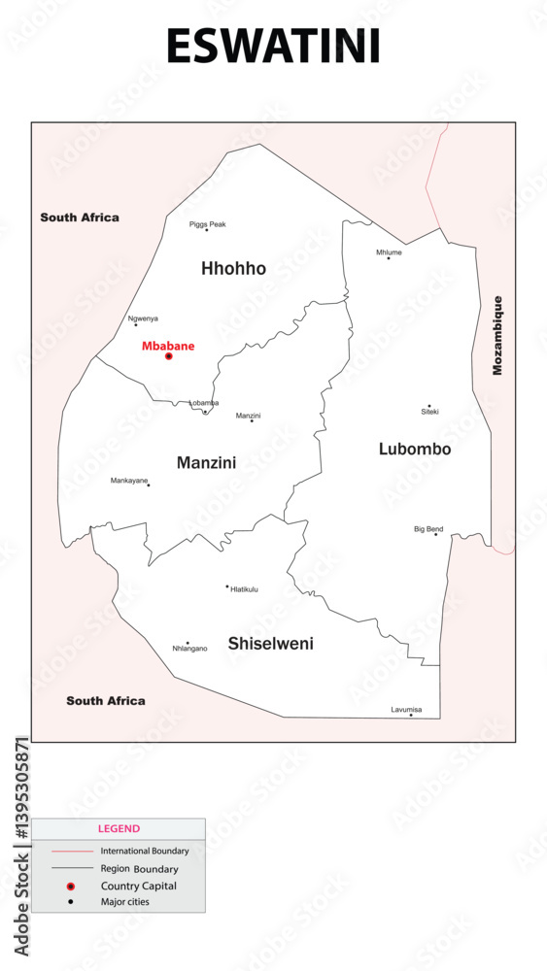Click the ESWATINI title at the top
(273, 47)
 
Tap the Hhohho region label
(233, 268)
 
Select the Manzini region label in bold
(206, 463)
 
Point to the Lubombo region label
(414, 449)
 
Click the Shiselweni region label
(270, 643)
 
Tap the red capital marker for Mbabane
(168, 356)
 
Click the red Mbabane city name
(168, 346)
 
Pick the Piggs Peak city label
(207, 224)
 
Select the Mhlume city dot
(389, 258)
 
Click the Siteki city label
(429, 412)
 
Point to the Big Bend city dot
(435, 534)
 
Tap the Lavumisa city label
(406, 710)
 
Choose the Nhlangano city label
(189, 649)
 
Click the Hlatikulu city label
(244, 588)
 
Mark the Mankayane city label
(129, 481)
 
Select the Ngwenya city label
(143, 318)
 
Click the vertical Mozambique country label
(498, 335)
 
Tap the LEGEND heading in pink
(119, 829)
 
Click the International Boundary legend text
(145, 852)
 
